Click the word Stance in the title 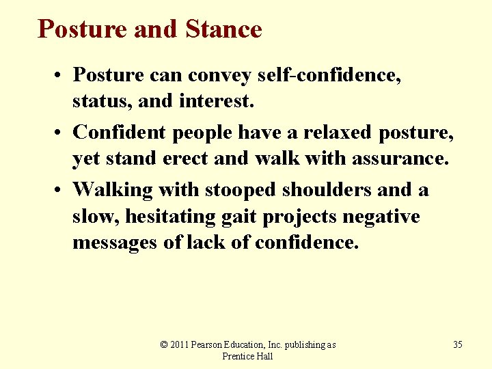pyautogui.click(x=223, y=29)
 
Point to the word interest pyautogui.click(x=216, y=101)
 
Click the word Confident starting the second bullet pyautogui.click(x=119, y=132)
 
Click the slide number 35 pyautogui.click(x=457, y=344)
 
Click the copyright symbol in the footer pyautogui.click(x=164, y=344)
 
